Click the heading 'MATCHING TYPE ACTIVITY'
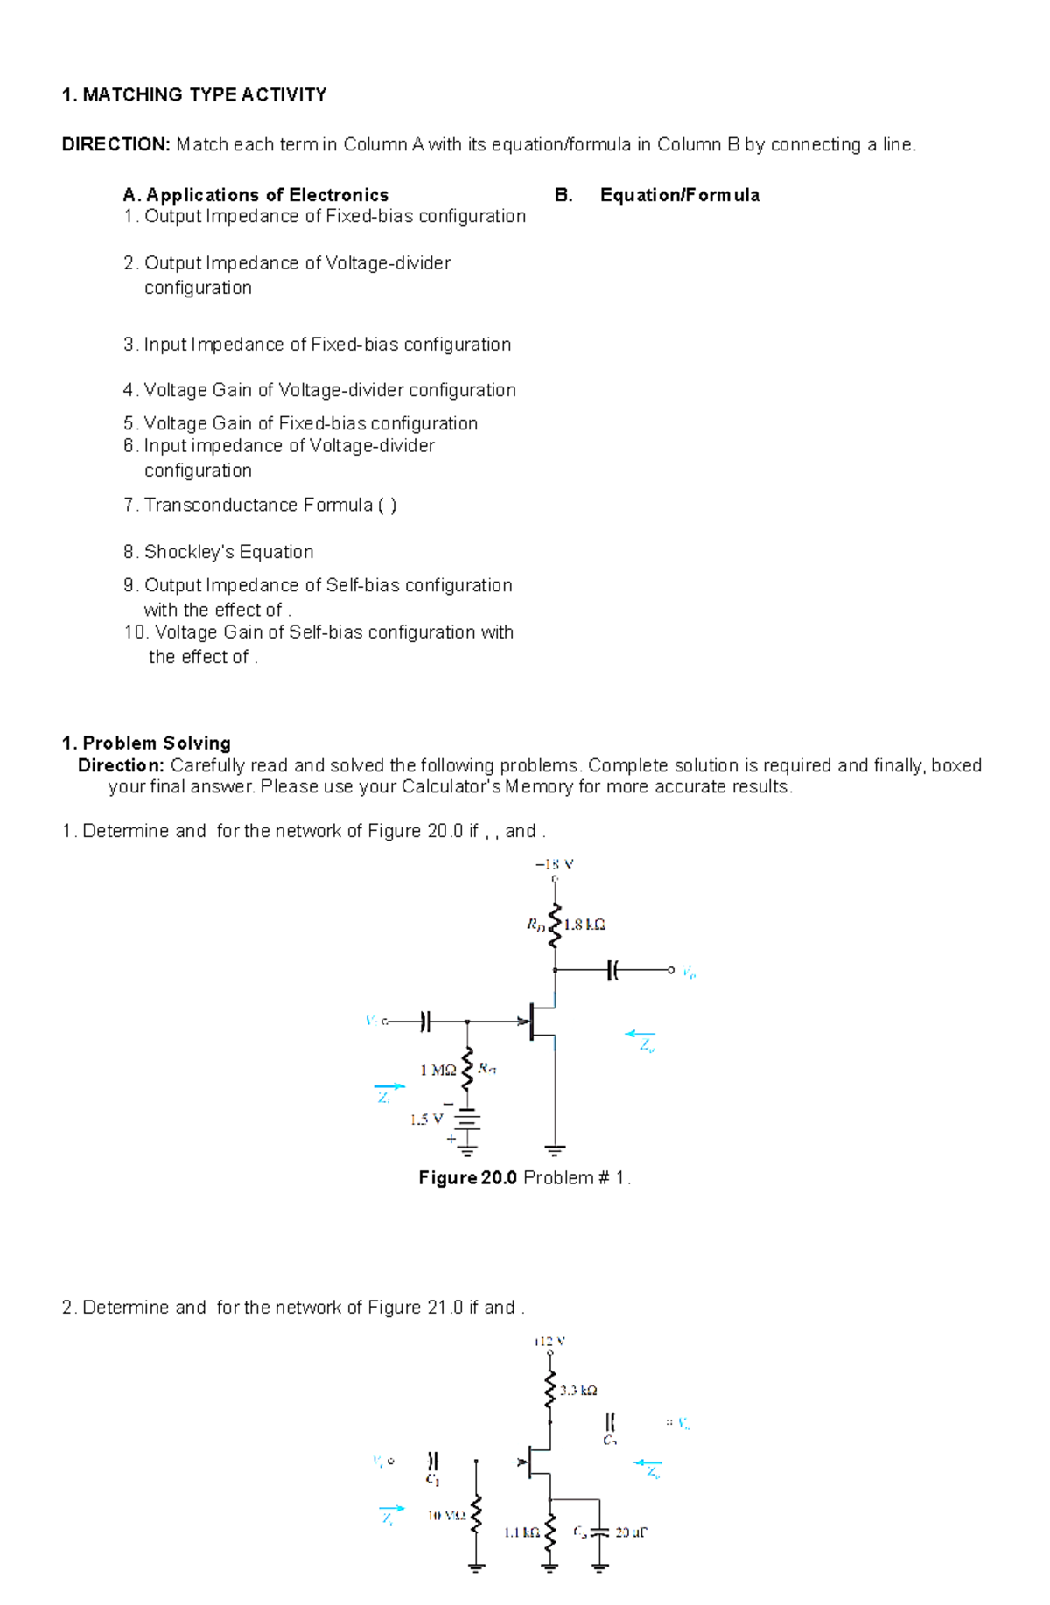(x=204, y=94)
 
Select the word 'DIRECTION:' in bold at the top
(x=115, y=144)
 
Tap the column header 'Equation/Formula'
(x=679, y=195)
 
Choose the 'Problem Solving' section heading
(x=157, y=743)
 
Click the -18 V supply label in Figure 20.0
(x=554, y=864)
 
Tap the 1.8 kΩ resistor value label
(x=584, y=924)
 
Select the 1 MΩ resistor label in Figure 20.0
(x=437, y=1069)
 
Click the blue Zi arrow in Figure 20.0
(x=389, y=1086)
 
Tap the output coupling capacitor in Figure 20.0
(x=612, y=970)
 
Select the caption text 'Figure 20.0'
(x=467, y=1177)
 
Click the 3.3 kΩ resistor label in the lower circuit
(x=578, y=1390)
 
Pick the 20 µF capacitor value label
(x=631, y=1532)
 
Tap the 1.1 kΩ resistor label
(x=521, y=1532)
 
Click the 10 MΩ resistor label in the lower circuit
(x=446, y=1515)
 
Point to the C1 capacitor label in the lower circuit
(x=433, y=1480)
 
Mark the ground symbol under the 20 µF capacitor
(x=599, y=1567)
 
